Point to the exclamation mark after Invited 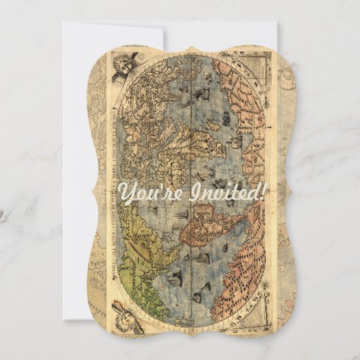point(264,192)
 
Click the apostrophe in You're point(164,186)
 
